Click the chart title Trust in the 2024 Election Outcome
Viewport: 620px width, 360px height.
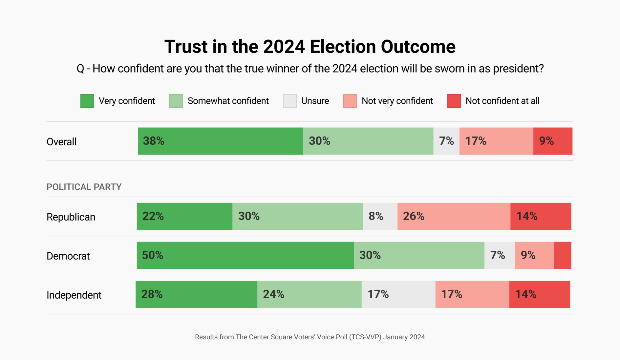[310, 47]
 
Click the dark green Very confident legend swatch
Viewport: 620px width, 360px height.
[87, 101]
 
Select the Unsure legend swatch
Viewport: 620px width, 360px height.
[289, 101]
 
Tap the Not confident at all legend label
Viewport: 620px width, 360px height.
[502, 101]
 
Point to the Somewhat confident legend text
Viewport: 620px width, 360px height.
[228, 101]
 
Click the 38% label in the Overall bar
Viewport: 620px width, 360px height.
[154, 141]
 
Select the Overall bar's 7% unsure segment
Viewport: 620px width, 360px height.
[446, 141]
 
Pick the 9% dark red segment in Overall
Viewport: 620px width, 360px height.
[553, 141]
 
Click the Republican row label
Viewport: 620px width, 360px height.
[71, 217]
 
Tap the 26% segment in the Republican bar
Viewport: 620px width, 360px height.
[454, 216]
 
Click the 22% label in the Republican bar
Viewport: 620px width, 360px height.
[153, 216]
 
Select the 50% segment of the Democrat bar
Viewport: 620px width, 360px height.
[245, 255]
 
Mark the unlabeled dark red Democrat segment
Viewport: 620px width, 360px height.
[563, 255]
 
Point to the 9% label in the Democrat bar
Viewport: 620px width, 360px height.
[528, 255]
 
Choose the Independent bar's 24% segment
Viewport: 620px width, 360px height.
[309, 294]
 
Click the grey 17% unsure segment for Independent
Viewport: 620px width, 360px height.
[398, 294]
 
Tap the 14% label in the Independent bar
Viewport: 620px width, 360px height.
[525, 294]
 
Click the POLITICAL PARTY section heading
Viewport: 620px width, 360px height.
[84, 187]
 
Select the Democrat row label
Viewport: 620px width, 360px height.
[68, 256]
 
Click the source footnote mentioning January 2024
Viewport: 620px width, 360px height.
[310, 337]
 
